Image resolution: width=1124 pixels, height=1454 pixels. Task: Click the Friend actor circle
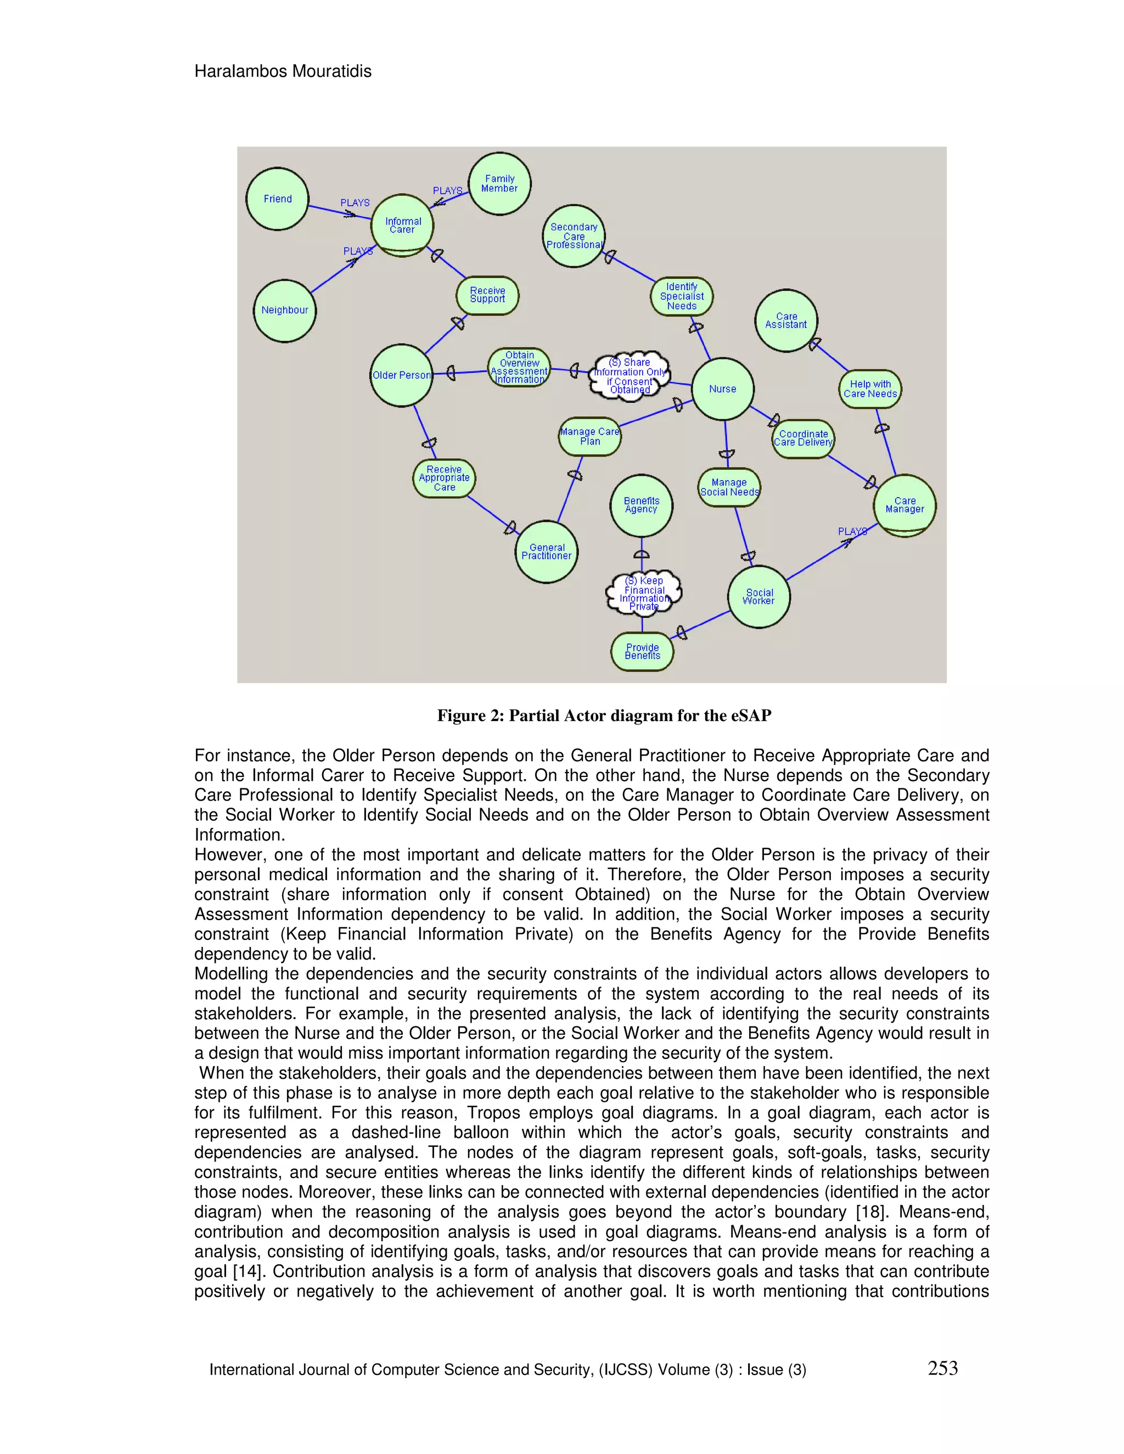[277, 199]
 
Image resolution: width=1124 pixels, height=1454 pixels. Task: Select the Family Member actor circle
[499, 184]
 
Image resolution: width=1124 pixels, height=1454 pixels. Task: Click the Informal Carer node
[402, 225]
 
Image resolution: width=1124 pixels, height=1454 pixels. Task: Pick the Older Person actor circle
[402, 375]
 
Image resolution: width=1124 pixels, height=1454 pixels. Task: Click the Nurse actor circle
[722, 389]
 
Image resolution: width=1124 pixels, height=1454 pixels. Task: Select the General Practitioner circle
[547, 551]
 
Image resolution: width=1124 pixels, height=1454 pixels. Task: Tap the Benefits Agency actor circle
[641, 505]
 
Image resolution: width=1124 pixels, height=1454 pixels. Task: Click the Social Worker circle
[758, 596]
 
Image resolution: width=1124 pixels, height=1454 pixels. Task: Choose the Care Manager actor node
[904, 505]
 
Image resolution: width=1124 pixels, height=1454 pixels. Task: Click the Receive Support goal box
[487, 295]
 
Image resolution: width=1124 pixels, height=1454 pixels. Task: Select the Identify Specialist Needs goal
[682, 296]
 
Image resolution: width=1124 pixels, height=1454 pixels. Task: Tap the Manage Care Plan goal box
[590, 437]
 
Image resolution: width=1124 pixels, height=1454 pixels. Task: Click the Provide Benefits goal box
[642, 651]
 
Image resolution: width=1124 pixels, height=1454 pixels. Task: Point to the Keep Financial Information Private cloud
[644, 592]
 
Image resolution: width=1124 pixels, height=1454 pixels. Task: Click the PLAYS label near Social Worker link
[852, 531]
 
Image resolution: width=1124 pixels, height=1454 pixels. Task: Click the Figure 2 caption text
[604, 715]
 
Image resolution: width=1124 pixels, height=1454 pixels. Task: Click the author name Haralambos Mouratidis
[283, 71]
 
